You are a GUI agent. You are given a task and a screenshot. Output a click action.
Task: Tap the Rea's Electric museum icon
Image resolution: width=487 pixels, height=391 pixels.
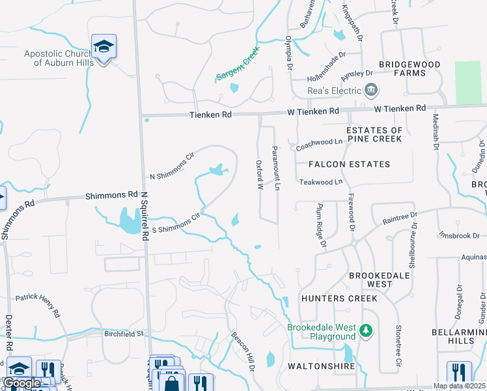[371, 89]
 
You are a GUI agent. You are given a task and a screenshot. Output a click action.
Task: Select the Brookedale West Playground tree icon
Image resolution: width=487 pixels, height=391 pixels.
[367, 331]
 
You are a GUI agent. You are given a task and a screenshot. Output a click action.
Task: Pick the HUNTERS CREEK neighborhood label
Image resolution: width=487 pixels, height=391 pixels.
[339, 298]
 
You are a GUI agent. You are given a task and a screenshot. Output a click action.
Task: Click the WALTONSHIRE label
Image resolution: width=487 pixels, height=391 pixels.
[321, 366]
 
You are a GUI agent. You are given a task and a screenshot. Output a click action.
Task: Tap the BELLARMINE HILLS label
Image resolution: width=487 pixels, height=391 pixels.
[459, 336]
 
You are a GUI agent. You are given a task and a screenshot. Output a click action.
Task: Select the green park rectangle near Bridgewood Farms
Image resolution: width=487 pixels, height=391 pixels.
[468, 83]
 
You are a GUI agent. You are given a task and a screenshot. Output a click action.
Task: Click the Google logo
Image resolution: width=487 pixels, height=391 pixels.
[21, 383]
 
